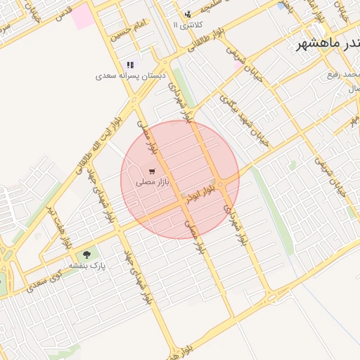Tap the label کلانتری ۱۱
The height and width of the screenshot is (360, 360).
tap(188, 25)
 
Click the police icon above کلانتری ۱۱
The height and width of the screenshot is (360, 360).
tap(188, 14)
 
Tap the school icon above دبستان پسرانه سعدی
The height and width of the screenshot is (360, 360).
tap(130, 65)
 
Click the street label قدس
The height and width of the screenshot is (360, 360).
tap(63, 13)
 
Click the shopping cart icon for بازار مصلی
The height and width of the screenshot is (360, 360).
tap(152, 172)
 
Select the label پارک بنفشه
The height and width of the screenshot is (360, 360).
tap(86, 266)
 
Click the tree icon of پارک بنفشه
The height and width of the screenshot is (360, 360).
tap(86, 255)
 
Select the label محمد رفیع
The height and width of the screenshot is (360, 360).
tap(345, 74)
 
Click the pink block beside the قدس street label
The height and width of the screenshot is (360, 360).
tap(83, 15)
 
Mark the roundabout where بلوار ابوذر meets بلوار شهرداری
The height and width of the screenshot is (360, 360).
tap(220, 184)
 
